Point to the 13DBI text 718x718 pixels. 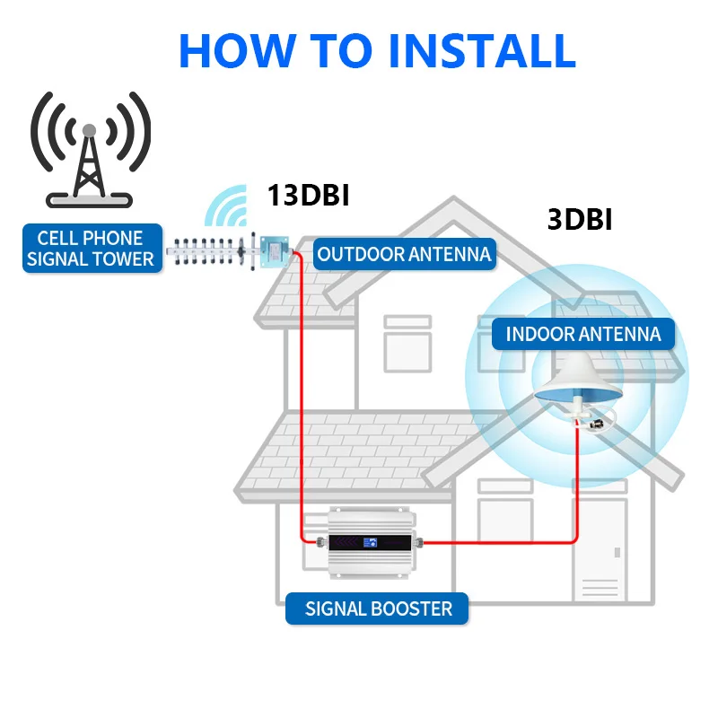307,197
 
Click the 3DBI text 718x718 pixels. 580,220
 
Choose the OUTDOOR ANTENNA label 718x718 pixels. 404,254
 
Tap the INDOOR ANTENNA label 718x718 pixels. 582,335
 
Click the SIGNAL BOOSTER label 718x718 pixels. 378,609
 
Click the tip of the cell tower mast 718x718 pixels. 89,131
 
